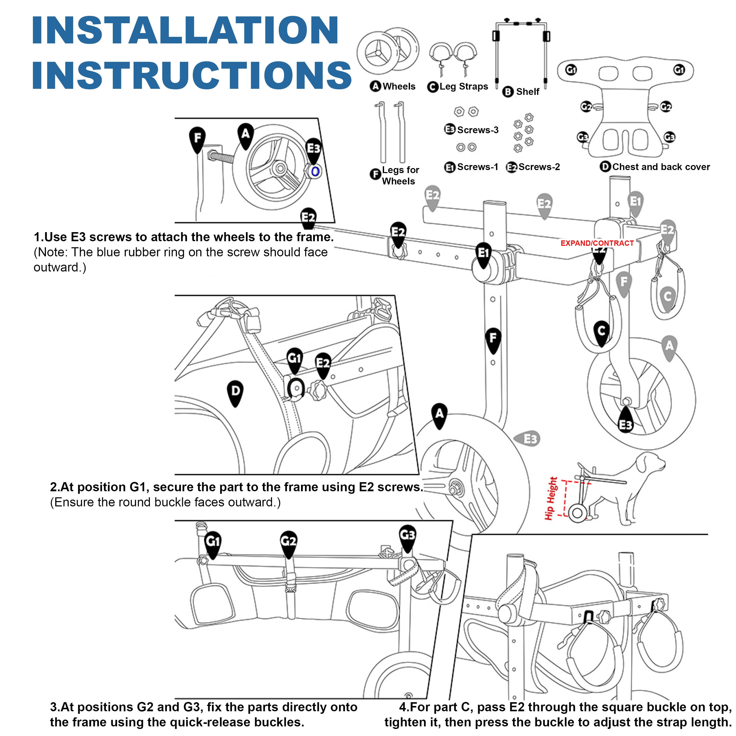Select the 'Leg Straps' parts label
(x=463, y=87)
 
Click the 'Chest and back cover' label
(x=661, y=167)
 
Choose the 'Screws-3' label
(x=477, y=130)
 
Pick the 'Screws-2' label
(x=539, y=167)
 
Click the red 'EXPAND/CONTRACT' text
(x=597, y=243)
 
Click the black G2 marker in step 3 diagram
(x=288, y=541)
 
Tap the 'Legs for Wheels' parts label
(x=400, y=176)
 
